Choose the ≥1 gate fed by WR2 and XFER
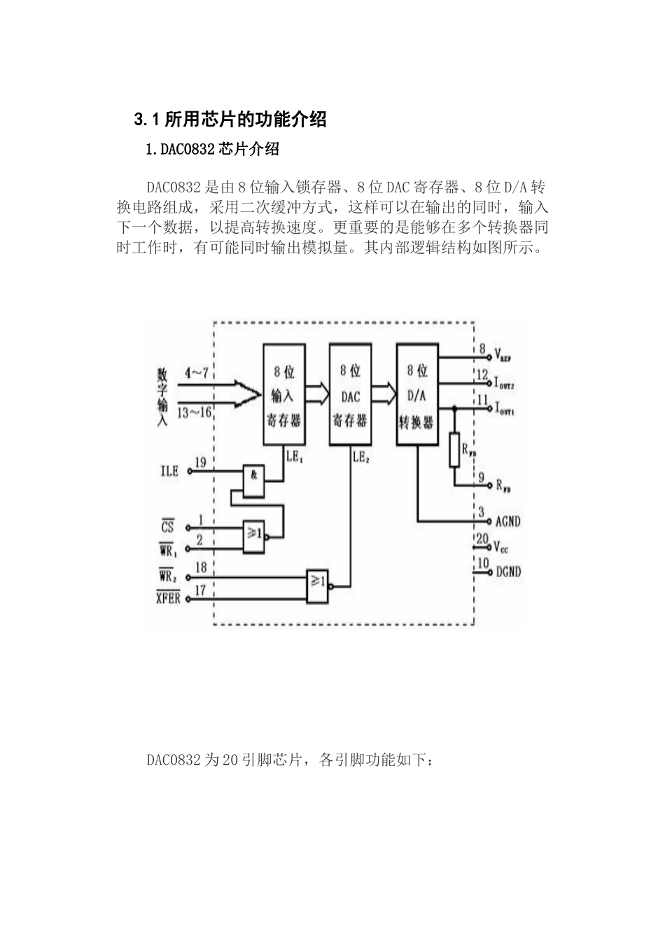(317, 585)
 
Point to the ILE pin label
(169, 472)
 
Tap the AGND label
(507, 521)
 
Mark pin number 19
(200, 463)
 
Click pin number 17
(200, 590)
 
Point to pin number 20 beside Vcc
(482, 539)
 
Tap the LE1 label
(294, 456)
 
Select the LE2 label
(360, 456)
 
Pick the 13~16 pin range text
(195, 412)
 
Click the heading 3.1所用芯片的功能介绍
(230, 120)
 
